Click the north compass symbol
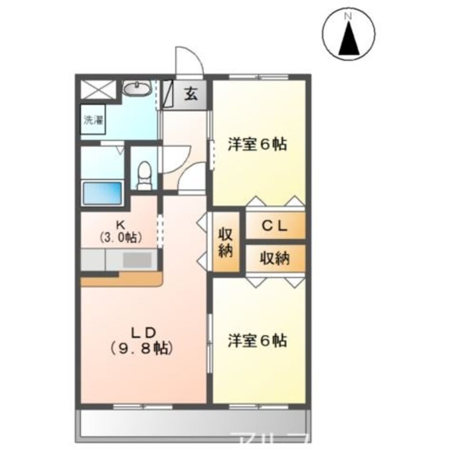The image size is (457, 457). click(348, 35)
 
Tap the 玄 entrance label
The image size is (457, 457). click(191, 94)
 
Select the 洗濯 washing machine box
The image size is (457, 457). click(93, 120)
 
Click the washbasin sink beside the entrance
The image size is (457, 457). click(137, 88)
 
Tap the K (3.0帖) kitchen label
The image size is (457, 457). click(120, 231)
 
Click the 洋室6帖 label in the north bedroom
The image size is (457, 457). click(257, 145)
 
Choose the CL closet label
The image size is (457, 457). click(275, 225)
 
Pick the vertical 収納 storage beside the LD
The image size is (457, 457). click(226, 243)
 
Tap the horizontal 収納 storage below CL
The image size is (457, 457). click(275, 258)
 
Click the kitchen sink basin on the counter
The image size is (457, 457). click(138, 261)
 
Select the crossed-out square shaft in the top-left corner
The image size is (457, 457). click(98, 88)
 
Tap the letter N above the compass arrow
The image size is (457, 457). click(348, 17)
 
